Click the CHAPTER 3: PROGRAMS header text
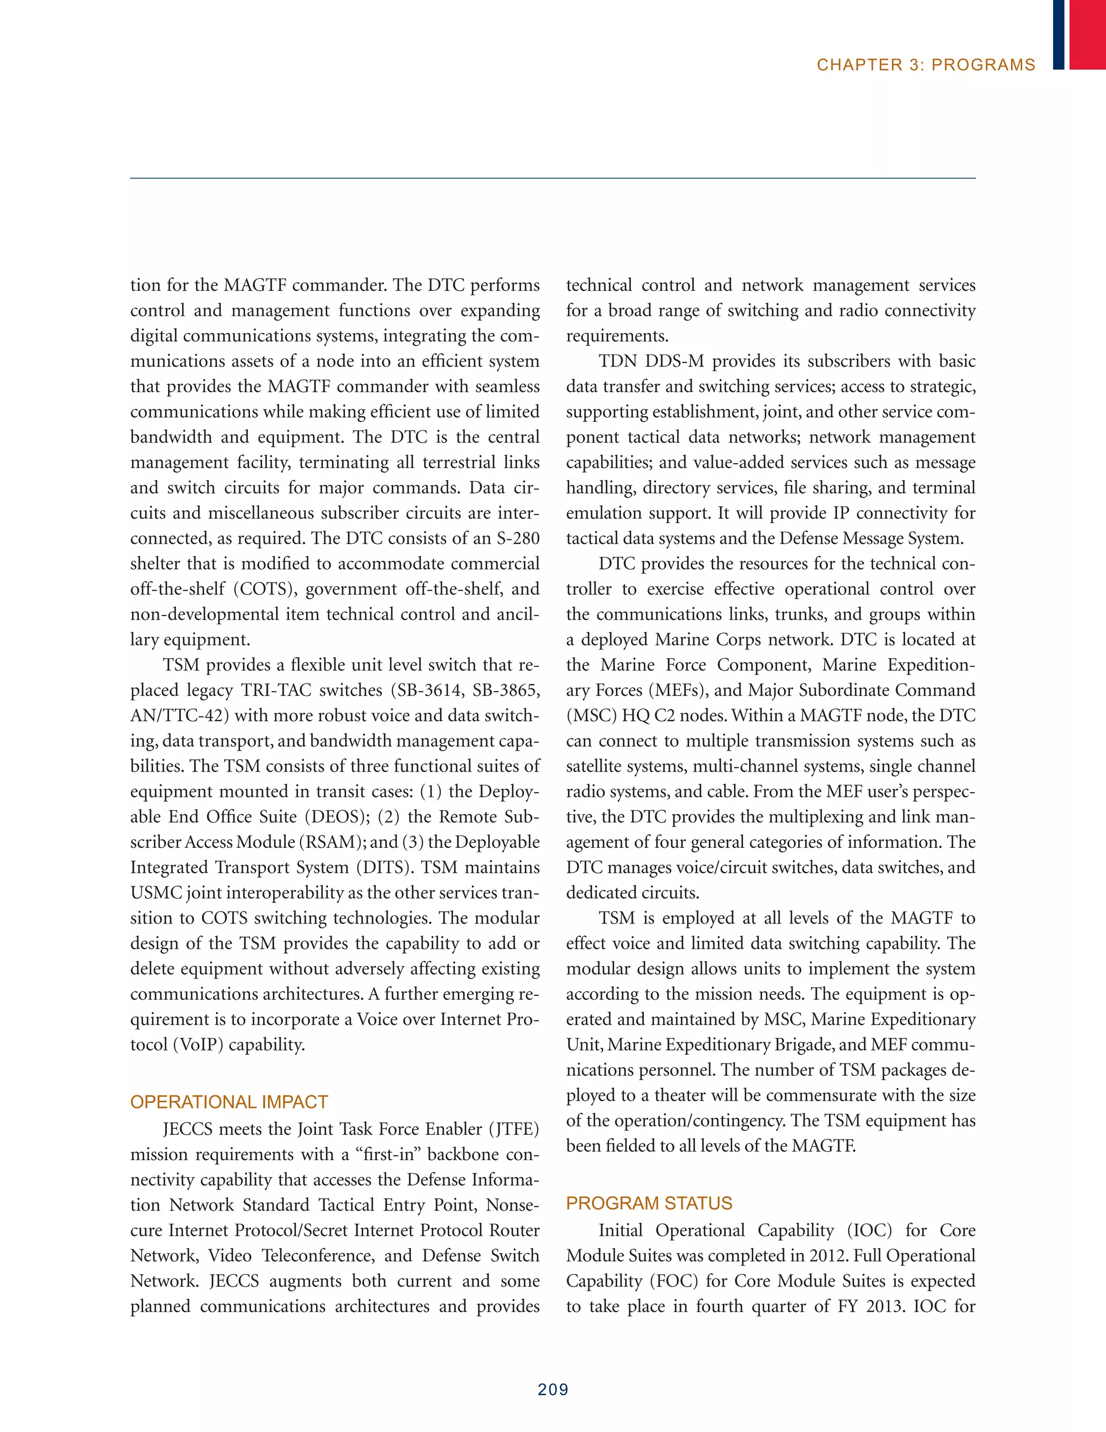pyautogui.click(x=925, y=65)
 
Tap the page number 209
pyautogui.click(x=553, y=1389)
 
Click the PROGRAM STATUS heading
pyautogui.click(x=649, y=1203)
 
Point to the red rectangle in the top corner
pyautogui.click(x=1088, y=34)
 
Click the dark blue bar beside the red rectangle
pyautogui.click(x=1059, y=34)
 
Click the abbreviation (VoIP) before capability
pyautogui.click(x=199, y=1045)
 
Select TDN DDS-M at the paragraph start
pyautogui.click(x=651, y=362)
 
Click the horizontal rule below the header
pyautogui.click(x=553, y=178)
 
